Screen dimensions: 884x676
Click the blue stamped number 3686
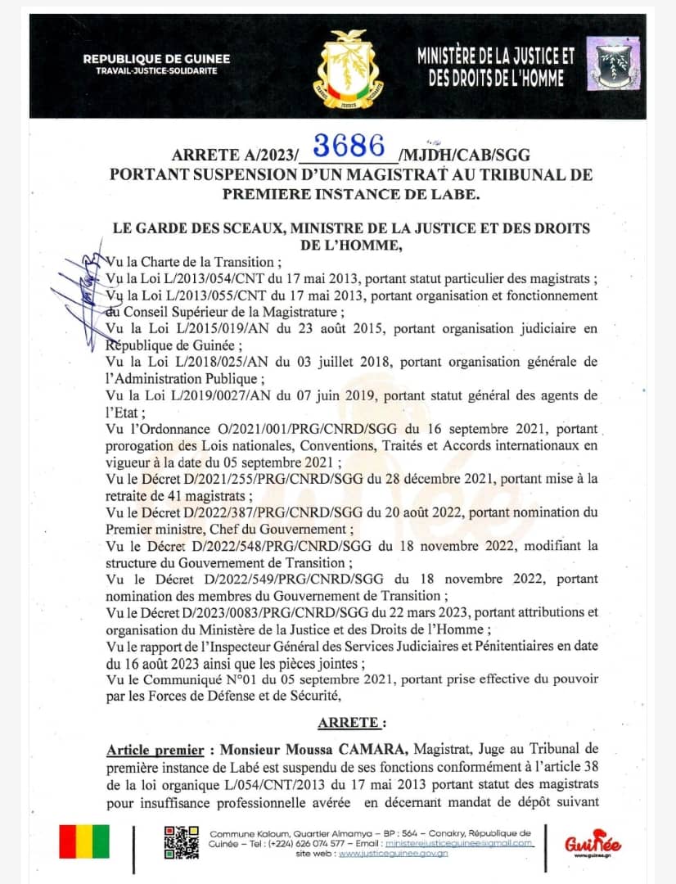click(x=349, y=146)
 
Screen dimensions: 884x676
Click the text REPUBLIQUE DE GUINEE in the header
click(x=156, y=59)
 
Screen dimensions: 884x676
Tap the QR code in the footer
click(x=181, y=842)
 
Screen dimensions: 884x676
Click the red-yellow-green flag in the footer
click(x=83, y=842)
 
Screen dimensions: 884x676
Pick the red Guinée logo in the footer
click(x=593, y=843)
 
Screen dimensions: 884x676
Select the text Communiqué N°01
click(x=187, y=679)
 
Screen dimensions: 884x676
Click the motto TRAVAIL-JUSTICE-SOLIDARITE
click(x=156, y=72)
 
